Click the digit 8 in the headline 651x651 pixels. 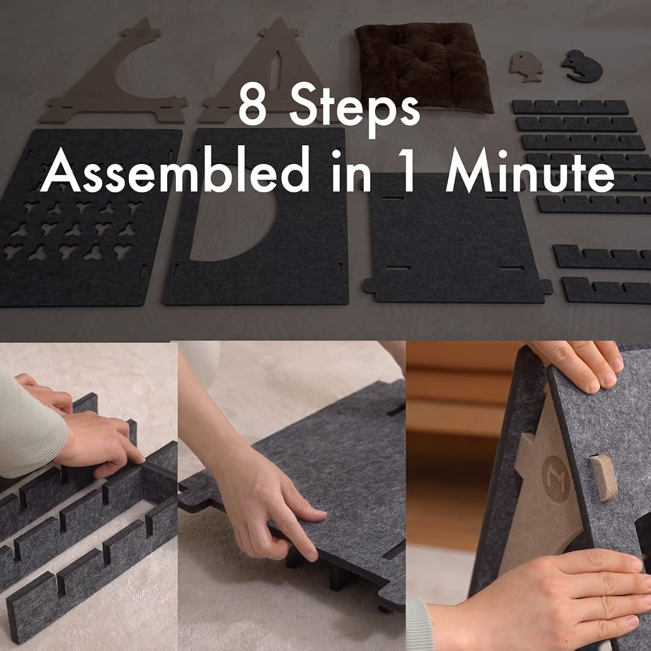253,104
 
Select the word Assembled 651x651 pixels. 174,169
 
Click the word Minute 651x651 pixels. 529,170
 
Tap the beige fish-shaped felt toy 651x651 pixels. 526,66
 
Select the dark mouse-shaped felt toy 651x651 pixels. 582,66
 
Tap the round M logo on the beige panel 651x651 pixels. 555,478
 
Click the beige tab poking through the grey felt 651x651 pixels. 601,477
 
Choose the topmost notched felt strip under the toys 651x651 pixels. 570,107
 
